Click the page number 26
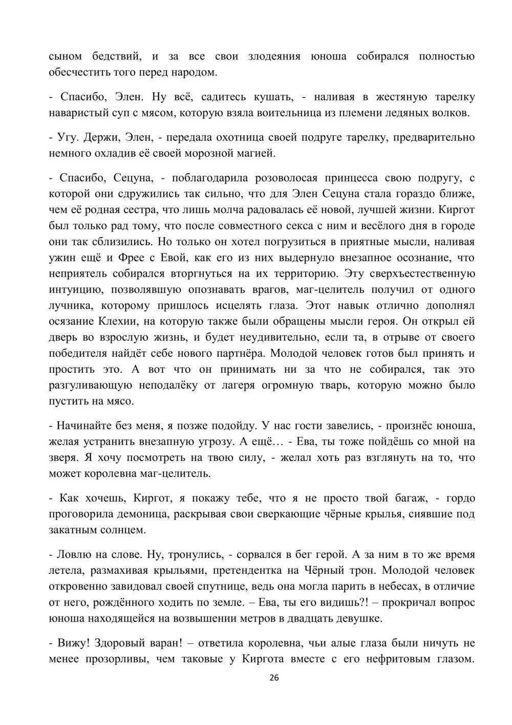tap(274, 677)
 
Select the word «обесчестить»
tap(75, 72)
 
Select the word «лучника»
tap(71, 306)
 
